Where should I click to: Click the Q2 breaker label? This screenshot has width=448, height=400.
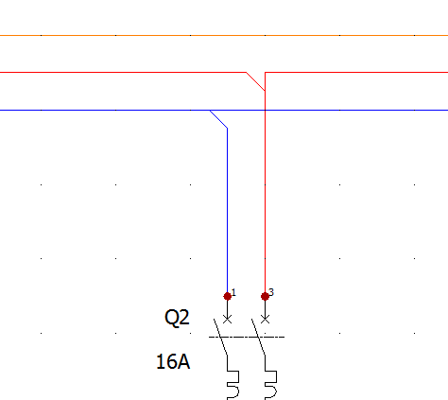(177, 318)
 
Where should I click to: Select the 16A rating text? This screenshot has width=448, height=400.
(173, 361)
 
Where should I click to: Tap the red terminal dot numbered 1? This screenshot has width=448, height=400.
(228, 296)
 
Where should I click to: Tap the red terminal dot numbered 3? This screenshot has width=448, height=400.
(265, 296)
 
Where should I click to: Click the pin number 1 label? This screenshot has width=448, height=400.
(233, 292)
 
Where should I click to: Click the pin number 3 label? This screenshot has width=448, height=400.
(271, 292)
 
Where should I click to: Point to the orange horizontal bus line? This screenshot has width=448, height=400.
(224, 35)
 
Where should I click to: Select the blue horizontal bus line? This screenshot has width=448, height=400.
(224, 111)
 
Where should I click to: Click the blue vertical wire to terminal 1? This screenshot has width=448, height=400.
(228, 210)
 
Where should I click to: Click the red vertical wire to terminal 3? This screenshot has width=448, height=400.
(265, 192)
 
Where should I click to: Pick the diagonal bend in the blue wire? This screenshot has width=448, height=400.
(218, 119)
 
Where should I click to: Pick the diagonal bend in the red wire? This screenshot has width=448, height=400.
(255, 81)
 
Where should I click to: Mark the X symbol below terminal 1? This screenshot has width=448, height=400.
(228, 320)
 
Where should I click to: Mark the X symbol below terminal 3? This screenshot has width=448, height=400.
(265, 320)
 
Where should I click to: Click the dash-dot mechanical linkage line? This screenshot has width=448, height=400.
(247, 337)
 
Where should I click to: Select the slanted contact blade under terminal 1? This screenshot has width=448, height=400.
(220, 337)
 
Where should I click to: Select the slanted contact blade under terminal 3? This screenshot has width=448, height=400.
(258, 337)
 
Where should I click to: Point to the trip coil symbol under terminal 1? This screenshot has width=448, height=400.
(233, 385)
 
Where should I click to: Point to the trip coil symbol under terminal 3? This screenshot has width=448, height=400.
(271, 385)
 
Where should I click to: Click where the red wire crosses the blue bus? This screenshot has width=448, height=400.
(265, 111)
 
